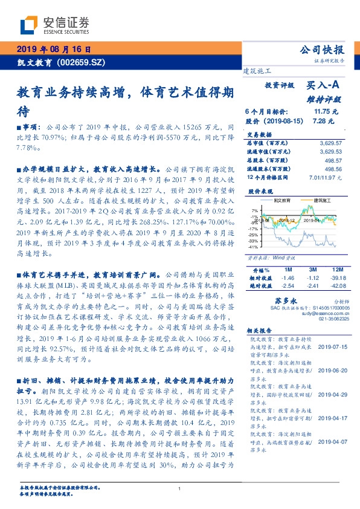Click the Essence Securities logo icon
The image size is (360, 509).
(29, 25)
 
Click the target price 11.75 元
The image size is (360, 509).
(326, 112)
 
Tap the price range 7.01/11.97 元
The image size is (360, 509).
(324, 178)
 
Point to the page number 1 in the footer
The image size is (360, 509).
(180, 489)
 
